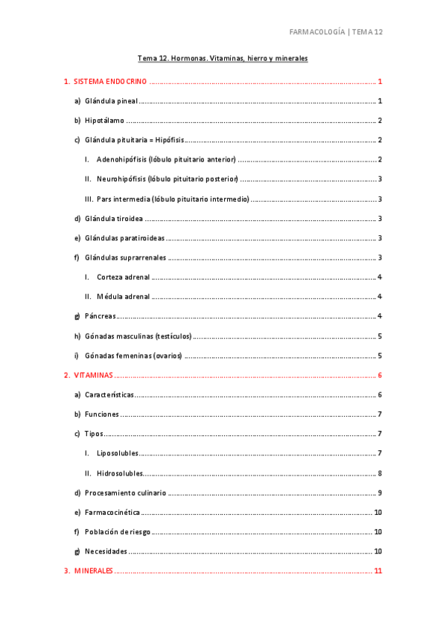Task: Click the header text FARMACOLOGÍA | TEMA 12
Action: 335,32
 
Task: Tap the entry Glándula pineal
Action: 111,100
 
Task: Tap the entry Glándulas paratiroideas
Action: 124,238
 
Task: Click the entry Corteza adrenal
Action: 123,277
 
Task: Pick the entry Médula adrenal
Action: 123,296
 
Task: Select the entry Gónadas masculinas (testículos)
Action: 138,336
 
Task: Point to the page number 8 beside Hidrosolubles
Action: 380,473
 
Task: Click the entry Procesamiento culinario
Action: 125,493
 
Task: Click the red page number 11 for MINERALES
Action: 378,571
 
